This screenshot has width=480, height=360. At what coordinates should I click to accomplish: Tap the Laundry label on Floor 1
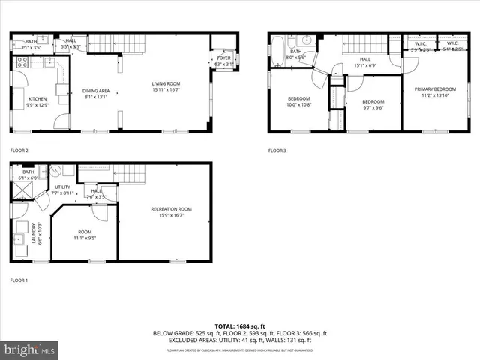click(31, 227)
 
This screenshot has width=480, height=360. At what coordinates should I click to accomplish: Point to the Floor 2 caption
click(19, 151)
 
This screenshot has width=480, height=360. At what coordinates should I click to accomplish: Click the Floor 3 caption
click(277, 151)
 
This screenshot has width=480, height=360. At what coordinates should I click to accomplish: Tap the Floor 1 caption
click(19, 280)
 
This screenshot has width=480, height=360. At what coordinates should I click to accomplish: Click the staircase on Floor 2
click(126, 43)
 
